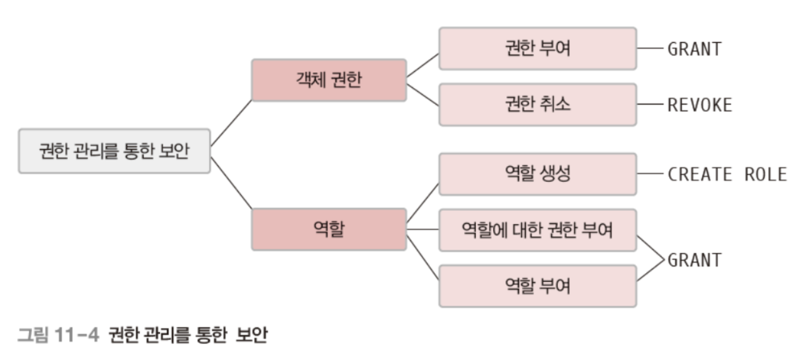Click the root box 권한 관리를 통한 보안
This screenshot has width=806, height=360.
114,151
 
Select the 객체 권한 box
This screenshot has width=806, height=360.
329,80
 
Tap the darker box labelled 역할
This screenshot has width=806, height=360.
329,230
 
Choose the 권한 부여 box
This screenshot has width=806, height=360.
537,48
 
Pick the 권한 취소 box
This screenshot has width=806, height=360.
537,104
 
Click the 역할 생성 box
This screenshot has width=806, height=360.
537,174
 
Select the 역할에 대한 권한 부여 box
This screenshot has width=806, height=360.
537,230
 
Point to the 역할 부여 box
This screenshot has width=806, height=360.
537,286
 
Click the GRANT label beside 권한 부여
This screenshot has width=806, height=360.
694,49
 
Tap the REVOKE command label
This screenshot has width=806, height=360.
700,105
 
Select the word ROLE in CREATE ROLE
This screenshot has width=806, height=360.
765,174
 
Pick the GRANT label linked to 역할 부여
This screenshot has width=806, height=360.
694,259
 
